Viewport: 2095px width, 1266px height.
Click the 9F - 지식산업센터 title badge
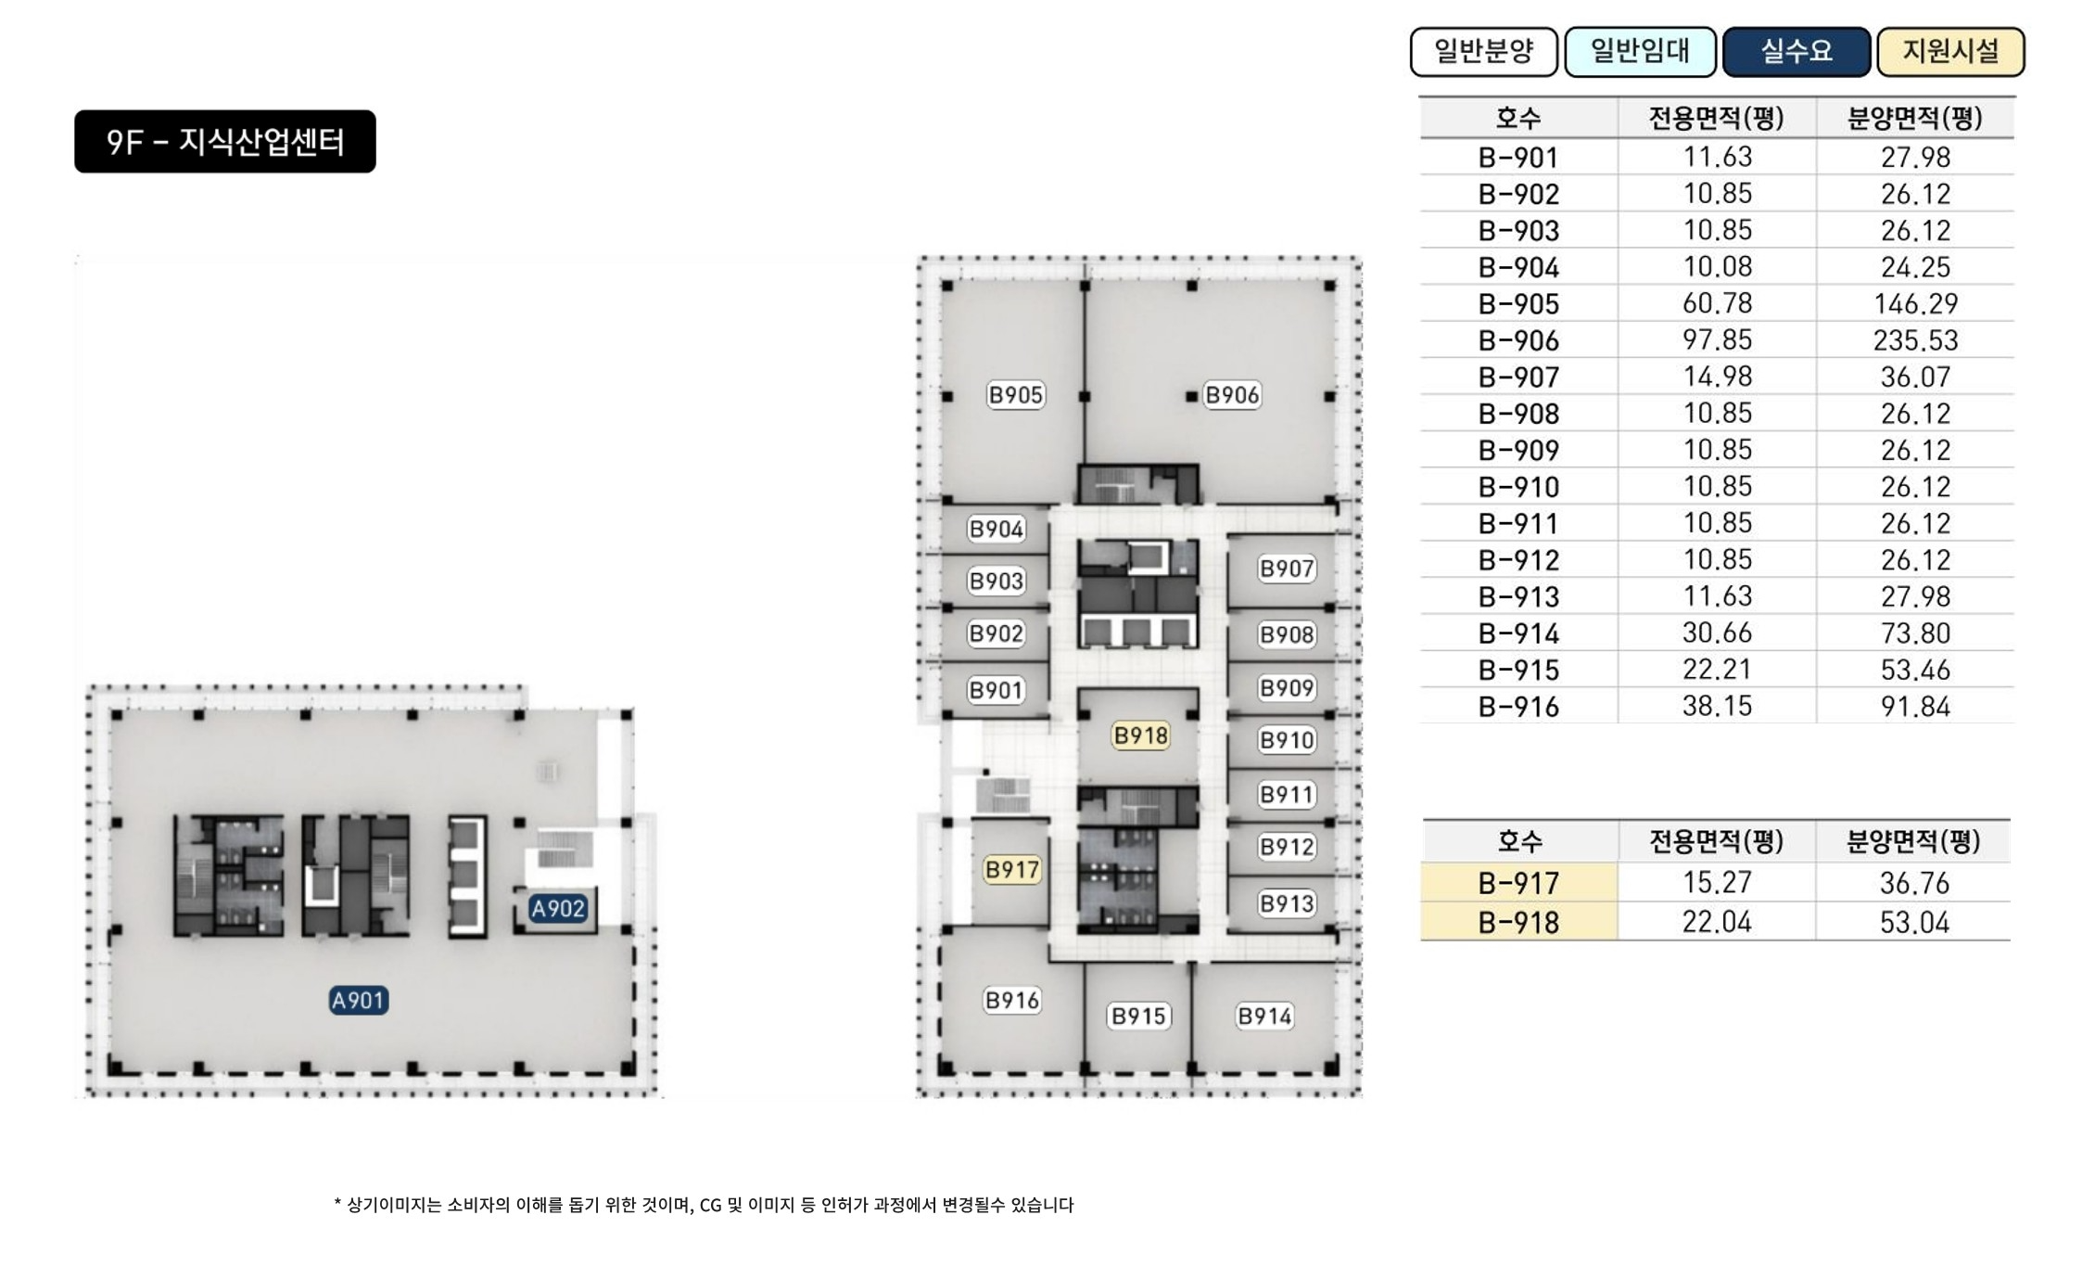[x=225, y=142]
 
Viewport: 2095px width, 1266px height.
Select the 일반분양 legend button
[x=1484, y=51]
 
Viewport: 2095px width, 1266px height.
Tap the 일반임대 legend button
[x=1640, y=51]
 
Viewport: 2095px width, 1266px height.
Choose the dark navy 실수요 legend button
[x=1797, y=51]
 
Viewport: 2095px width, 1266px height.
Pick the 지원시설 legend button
[x=1951, y=51]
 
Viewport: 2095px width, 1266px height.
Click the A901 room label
[x=359, y=1001]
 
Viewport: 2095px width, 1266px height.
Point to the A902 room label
[x=558, y=909]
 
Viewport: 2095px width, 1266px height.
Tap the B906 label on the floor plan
[x=1232, y=395]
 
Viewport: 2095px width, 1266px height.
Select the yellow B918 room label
[x=1141, y=735]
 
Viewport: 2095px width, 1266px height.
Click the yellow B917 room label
[x=1012, y=870]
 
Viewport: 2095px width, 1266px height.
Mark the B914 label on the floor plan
[x=1265, y=1017]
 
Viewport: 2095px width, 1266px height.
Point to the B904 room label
[x=997, y=530]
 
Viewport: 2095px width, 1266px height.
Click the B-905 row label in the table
[x=1519, y=304]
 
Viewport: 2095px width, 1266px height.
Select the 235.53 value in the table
[x=1916, y=340]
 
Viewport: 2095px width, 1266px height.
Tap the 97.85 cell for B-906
[x=1718, y=340]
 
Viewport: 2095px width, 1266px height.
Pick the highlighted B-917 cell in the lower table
[x=1519, y=883]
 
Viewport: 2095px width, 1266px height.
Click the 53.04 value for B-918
[x=1915, y=923]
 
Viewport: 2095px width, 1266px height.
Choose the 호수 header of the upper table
[x=1518, y=118]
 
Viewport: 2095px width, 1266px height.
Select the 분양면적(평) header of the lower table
[x=1914, y=841]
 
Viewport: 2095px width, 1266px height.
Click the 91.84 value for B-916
[x=1916, y=707]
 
